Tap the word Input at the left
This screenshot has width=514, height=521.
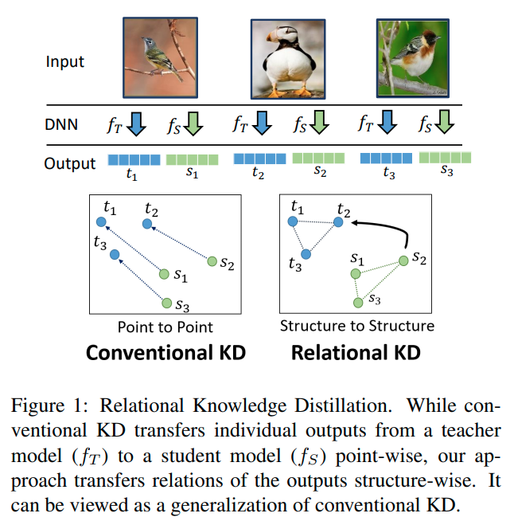(64, 61)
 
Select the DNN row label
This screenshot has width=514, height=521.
(63, 123)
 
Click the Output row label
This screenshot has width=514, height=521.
(70, 163)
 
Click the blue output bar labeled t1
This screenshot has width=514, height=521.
(134, 159)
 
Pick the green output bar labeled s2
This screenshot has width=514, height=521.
(319, 159)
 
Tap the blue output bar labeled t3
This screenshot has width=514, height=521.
(386, 159)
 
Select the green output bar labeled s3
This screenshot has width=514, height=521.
(445, 158)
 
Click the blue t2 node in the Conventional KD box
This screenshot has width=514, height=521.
(148, 224)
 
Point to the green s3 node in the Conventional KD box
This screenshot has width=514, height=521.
(167, 302)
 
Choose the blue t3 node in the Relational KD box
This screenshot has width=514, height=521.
(306, 254)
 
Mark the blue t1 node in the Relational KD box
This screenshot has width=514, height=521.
(293, 221)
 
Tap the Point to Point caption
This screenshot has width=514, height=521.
(165, 327)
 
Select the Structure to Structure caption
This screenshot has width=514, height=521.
(357, 326)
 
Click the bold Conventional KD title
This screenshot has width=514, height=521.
(165, 351)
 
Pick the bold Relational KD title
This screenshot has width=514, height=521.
(356, 351)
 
